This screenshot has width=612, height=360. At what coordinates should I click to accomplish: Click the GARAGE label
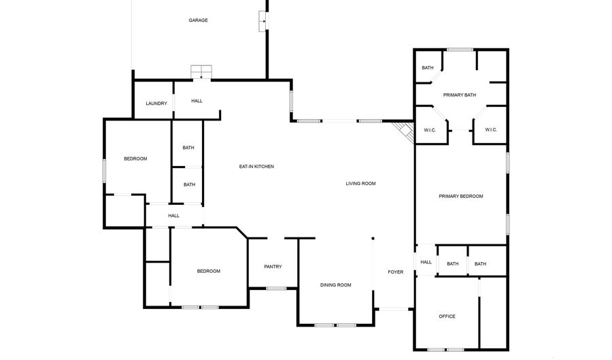198,20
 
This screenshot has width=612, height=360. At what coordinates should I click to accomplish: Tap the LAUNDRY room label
156,103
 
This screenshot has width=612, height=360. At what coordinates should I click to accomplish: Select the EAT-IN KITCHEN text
256,167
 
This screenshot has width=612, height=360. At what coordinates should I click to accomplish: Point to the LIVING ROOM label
360,183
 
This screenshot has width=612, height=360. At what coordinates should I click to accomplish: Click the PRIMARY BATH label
460,95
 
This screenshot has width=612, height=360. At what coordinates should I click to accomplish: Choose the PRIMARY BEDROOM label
460,196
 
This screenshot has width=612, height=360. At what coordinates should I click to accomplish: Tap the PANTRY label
273,267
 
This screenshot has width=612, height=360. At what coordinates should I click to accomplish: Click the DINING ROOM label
335,285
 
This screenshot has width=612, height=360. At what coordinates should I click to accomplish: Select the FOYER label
395,272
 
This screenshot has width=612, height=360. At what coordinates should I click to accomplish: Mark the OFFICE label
447,316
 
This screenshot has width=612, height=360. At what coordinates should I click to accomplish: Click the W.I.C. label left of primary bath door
430,130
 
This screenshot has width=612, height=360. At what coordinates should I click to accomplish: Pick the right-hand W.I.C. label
491,130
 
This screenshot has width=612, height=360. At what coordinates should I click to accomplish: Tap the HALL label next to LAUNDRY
197,101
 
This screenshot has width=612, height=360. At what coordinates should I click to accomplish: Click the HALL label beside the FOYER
426,262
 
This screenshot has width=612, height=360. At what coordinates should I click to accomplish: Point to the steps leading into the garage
201,71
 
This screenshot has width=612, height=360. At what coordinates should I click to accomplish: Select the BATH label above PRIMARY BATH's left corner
428,67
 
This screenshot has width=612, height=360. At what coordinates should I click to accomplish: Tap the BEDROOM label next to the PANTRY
208,271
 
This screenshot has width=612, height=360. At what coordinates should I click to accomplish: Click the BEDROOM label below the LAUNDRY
135,159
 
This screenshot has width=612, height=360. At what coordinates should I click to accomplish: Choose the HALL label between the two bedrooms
174,216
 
